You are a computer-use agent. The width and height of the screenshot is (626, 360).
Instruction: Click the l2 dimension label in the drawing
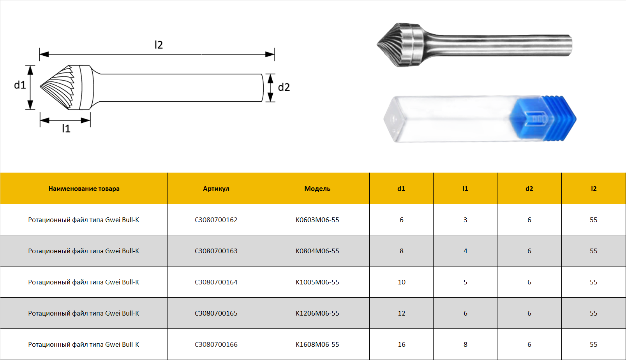[x=159, y=45]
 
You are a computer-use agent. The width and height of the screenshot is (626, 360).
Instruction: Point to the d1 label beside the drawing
[x=20, y=85]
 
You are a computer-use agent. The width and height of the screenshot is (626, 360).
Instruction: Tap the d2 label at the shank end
[x=284, y=87]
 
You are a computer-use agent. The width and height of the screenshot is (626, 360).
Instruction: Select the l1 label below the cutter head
[x=66, y=129]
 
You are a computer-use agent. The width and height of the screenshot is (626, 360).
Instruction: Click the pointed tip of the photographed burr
[x=377, y=44]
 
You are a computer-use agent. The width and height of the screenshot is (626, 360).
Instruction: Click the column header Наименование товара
[x=84, y=189]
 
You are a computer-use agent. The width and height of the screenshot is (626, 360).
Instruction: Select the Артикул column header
[x=216, y=189]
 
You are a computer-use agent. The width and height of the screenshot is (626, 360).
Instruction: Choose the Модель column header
[x=317, y=189]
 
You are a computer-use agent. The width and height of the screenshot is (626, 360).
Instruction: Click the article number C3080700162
[x=216, y=220]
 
